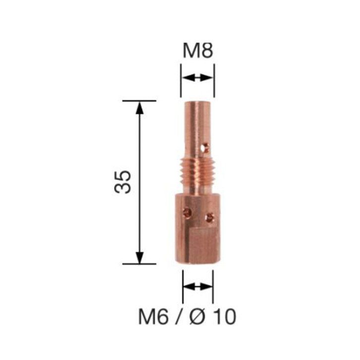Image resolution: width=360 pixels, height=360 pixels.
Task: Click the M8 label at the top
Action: click(197, 51)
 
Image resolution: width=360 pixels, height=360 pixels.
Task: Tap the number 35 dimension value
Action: click(124, 182)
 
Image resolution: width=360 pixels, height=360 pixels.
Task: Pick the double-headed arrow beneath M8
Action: click(197, 78)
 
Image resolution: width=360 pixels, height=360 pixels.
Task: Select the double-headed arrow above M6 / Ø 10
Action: click(198, 286)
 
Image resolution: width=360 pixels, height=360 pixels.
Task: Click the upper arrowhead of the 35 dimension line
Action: click(140, 107)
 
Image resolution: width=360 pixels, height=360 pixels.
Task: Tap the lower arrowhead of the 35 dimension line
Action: click(140, 258)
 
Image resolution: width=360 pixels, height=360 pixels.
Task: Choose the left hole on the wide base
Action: click(187, 212)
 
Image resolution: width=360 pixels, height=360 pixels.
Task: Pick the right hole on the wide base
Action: click(209, 217)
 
